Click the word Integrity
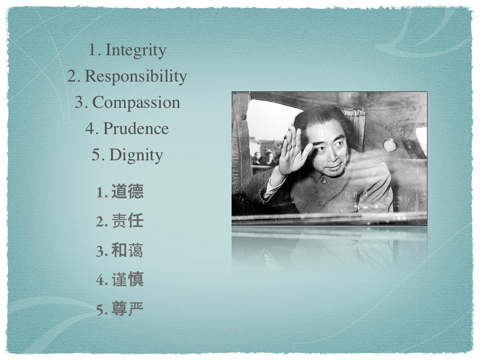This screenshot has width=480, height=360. coord(136,50)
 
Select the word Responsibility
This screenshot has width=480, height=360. coord(135,76)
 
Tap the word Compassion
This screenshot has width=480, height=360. coord(136,102)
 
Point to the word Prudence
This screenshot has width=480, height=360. coord(136,128)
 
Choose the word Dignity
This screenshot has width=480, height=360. coord(136,155)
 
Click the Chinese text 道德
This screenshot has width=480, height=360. coord(127,192)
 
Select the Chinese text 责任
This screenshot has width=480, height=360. coord(127,221)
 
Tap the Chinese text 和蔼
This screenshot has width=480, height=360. coord(127,250)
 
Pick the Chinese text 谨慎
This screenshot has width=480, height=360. coord(127,279)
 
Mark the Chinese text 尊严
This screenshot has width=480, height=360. coord(127,308)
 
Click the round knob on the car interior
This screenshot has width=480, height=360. coord(390,145)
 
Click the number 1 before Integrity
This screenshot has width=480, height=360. coord(92,50)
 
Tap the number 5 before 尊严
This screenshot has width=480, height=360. coord(100,310)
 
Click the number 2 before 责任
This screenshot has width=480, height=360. coord(100,222)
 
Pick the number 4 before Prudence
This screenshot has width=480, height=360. coord(90,128)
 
